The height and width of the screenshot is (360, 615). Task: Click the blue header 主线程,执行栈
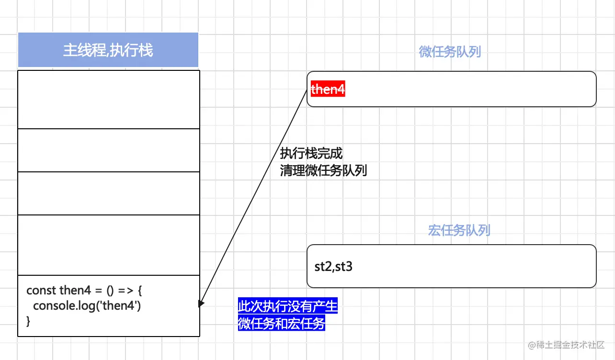click(x=108, y=50)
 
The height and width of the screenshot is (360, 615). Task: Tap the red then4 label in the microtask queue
click(x=328, y=89)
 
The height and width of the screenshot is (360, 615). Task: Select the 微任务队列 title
click(x=450, y=52)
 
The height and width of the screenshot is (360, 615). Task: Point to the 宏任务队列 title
click(x=459, y=230)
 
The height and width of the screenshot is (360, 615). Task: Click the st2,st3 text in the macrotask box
click(x=333, y=267)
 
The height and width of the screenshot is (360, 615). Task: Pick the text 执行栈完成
click(x=311, y=154)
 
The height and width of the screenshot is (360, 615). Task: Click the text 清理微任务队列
click(x=323, y=170)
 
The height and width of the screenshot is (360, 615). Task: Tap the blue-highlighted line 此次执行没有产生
click(x=288, y=306)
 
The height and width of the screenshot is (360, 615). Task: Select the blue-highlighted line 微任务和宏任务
click(x=282, y=324)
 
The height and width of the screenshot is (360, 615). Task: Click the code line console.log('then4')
click(x=87, y=306)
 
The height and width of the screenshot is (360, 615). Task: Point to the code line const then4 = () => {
click(x=84, y=290)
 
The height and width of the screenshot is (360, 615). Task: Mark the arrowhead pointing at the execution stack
click(x=202, y=304)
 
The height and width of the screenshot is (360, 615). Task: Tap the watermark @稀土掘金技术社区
click(x=566, y=345)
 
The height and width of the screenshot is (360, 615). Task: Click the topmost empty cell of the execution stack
click(x=108, y=100)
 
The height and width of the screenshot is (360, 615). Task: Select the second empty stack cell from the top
click(x=108, y=150)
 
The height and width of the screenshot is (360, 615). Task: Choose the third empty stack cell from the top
click(x=108, y=193)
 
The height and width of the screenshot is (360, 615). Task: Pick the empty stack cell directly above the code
click(x=108, y=245)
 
